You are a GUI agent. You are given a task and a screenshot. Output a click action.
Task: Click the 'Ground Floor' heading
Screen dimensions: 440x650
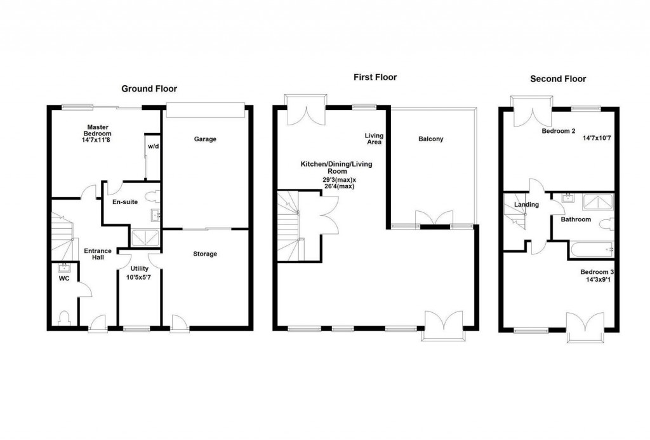tap(149, 89)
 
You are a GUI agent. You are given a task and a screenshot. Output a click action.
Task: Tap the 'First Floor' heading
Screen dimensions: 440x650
tap(375, 78)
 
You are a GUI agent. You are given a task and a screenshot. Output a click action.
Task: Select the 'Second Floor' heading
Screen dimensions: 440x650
tap(558, 79)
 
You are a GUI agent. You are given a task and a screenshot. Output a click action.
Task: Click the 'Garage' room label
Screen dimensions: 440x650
tap(205, 139)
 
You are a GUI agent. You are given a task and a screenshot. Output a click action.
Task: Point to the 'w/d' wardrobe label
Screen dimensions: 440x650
tap(153, 146)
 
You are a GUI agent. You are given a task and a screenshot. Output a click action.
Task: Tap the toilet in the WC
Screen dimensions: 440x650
tap(63, 317)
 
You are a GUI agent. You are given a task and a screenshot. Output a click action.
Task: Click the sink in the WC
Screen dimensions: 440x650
tap(63, 268)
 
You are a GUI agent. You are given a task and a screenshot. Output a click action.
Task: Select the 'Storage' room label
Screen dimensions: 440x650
tap(205, 254)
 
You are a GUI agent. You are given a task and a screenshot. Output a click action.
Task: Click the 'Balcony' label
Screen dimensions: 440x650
tap(430, 139)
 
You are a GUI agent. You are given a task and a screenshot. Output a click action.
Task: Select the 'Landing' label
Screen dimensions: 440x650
tap(527, 205)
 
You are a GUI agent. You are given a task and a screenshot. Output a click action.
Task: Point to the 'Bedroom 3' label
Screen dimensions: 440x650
tap(597, 272)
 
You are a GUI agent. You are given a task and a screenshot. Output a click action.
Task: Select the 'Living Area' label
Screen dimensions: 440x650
tap(373, 139)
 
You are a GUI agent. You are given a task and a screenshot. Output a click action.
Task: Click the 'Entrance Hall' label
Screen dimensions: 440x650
tap(98, 254)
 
